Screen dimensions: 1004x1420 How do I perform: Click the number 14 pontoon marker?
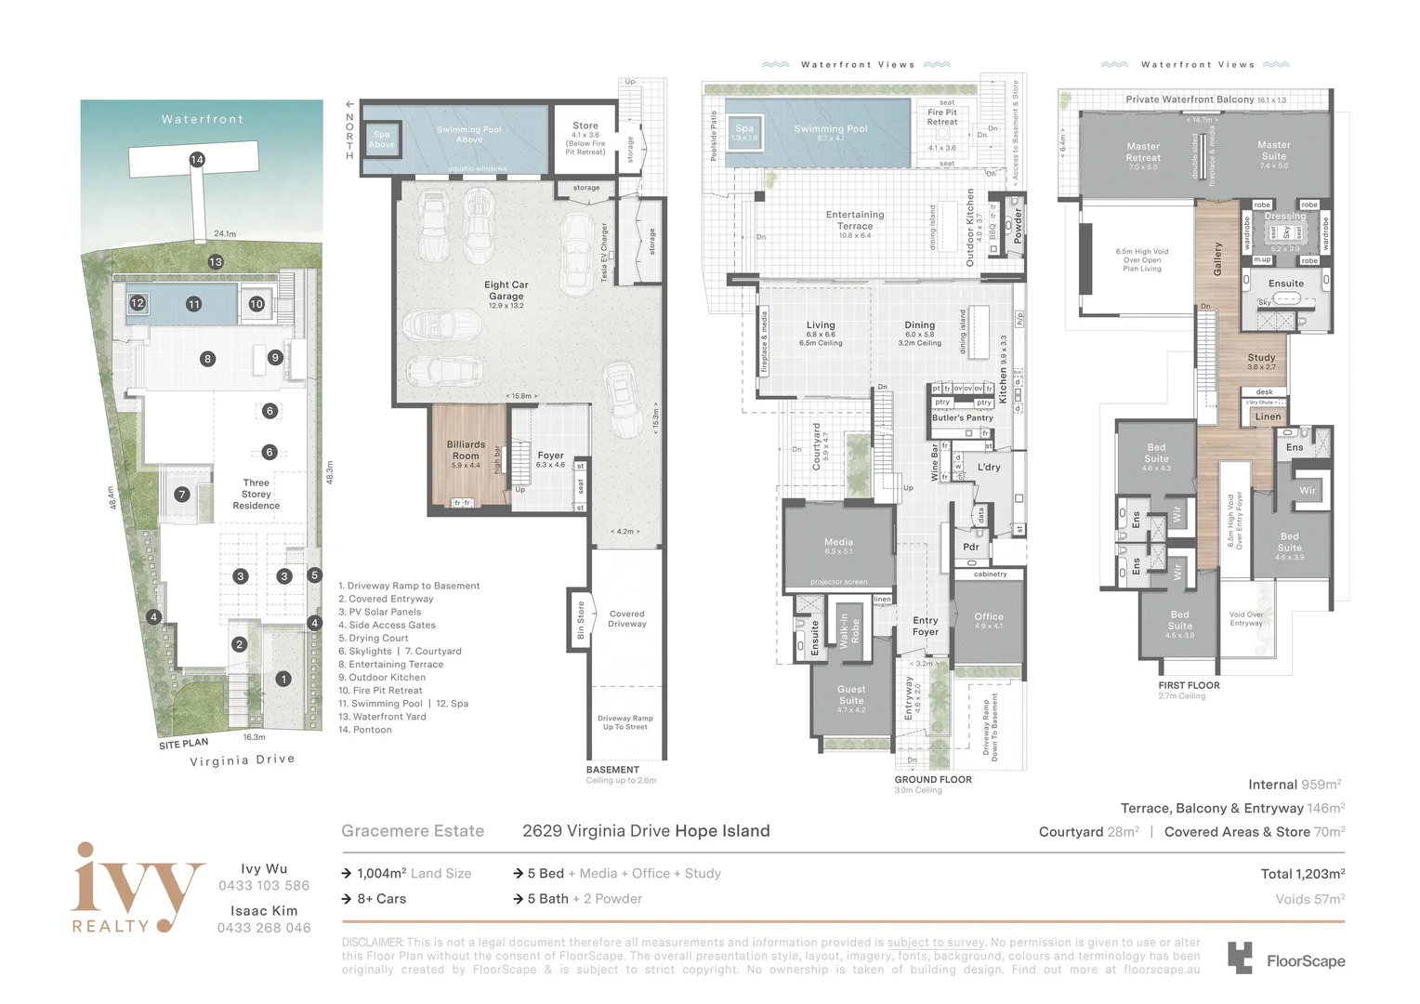point(197,160)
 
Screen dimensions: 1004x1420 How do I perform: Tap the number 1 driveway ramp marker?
point(283,680)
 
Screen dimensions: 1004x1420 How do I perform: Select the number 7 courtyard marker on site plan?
point(182,495)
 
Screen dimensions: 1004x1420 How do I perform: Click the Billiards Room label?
point(466,450)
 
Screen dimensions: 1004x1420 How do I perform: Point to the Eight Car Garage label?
point(506,290)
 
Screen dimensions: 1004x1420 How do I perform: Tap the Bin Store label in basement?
point(581,620)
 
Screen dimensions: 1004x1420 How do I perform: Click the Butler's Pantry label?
point(963,418)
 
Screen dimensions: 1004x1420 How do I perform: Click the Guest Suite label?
point(851,695)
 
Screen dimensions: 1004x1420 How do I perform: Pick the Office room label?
point(989,617)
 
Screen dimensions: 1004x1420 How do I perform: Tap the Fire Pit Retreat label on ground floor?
point(941,117)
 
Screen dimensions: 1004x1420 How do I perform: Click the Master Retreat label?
point(1143,152)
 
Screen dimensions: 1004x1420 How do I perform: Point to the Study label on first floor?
point(1261,358)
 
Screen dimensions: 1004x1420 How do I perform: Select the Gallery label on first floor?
point(1217,258)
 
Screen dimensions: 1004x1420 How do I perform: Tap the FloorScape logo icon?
point(1240,958)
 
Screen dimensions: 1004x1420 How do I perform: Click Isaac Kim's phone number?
point(264,928)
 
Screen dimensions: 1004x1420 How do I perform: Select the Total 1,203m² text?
point(1302,874)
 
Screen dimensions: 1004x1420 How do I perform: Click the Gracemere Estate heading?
point(413,831)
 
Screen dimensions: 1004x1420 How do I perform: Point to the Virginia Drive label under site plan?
point(242,760)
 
